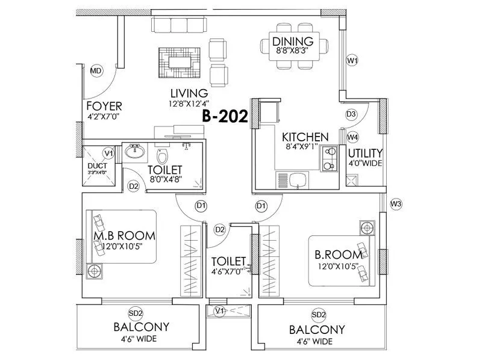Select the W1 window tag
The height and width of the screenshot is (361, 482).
(352, 61)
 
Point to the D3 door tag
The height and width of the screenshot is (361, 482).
(352, 114)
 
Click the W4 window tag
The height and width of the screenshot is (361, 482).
(353, 137)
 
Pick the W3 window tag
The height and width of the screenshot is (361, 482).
(395, 204)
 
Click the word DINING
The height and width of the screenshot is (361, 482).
(293, 42)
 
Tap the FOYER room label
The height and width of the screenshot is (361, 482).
(104, 106)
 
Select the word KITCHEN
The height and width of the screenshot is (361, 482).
(305, 137)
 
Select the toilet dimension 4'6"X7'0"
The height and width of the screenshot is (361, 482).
(228, 271)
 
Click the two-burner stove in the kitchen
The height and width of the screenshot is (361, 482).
(329, 159)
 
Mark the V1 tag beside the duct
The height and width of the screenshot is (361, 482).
(108, 153)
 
